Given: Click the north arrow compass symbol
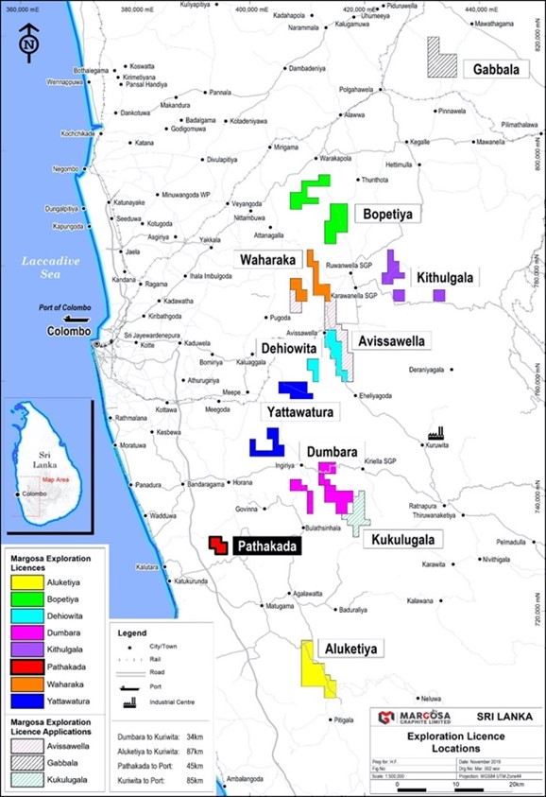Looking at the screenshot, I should (29, 43).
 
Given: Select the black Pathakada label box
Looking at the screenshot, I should (267, 546).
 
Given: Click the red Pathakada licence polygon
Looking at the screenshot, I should (218, 546).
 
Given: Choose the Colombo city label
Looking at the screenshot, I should (70, 332).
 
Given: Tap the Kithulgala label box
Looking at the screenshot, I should (444, 277).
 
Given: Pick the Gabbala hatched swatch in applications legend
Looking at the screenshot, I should (26, 764).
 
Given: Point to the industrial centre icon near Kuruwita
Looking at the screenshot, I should (435, 430).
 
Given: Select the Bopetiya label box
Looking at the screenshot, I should (388, 215).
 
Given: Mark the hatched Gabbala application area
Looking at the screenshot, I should (440, 57).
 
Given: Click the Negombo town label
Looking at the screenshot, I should (65, 169).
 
